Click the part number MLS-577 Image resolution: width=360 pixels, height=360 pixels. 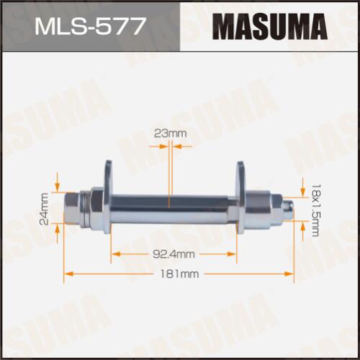pyautogui.click(x=90, y=26)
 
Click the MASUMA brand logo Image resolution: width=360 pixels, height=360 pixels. pyautogui.click(x=270, y=26)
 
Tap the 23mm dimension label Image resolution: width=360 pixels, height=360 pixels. pyautogui.click(x=170, y=133)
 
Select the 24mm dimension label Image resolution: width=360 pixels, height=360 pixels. pyautogui.click(x=44, y=209)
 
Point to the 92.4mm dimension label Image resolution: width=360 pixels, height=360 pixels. pyautogui.click(x=174, y=254)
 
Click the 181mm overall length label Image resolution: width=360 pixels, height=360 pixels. pyautogui.click(x=179, y=274)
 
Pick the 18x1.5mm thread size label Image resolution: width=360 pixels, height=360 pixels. pyautogui.click(x=315, y=210)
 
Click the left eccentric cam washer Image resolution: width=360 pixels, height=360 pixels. pyautogui.click(x=108, y=197)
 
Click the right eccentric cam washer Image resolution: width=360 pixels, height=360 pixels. pyautogui.click(x=240, y=197)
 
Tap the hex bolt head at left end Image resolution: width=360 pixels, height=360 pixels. pyautogui.click(x=72, y=208)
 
